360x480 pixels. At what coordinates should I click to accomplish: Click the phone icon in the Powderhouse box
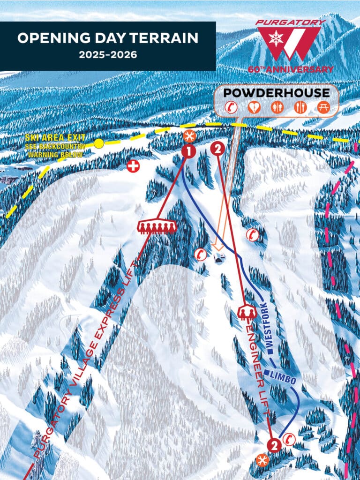tap(231, 107)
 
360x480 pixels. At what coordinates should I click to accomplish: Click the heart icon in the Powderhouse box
tap(254, 107)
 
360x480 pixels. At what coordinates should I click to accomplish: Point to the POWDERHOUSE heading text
tap(276, 92)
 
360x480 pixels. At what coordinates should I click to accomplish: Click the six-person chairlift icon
tap(157, 226)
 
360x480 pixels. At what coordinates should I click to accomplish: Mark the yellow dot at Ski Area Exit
tap(98, 143)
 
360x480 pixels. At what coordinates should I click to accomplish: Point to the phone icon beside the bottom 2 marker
tap(289, 439)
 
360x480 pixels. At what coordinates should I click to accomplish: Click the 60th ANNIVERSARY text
tap(291, 69)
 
